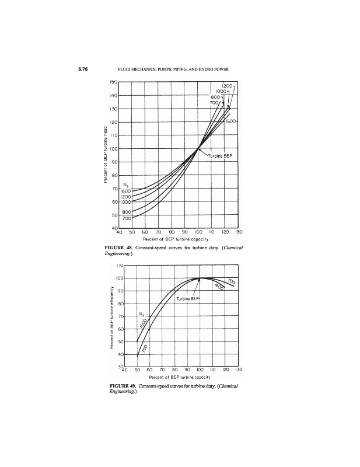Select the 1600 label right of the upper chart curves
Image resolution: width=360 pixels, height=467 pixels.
229,121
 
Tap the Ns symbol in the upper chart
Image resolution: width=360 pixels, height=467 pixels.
125,185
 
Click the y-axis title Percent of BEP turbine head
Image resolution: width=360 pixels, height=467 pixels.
106,156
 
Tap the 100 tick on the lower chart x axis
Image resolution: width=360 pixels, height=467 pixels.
200,370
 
